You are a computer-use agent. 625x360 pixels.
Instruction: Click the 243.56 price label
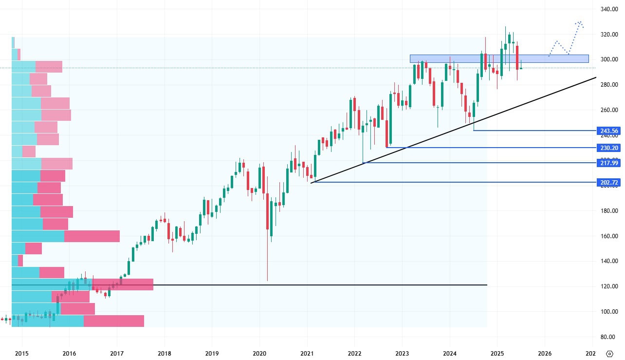(608, 131)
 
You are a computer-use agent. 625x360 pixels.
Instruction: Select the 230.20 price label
(608, 147)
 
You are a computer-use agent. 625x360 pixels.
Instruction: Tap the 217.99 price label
(608, 163)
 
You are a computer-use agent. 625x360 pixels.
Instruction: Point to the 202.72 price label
(608, 182)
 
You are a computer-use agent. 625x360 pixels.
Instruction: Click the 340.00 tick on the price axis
(609, 9)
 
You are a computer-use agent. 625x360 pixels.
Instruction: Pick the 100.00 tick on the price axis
(609, 312)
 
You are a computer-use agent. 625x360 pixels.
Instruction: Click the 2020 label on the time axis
(259, 353)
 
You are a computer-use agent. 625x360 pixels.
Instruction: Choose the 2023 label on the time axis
(402, 353)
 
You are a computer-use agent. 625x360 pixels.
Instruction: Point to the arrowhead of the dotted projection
(579, 22)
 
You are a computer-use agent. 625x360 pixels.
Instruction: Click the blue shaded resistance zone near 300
(499, 58)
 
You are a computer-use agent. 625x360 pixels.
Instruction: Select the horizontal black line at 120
(292, 284)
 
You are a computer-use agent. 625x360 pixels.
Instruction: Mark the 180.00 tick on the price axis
(609, 211)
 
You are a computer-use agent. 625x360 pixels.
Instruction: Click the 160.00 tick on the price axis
(609, 236)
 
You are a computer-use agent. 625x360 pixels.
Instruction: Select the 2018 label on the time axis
(165, 353)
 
